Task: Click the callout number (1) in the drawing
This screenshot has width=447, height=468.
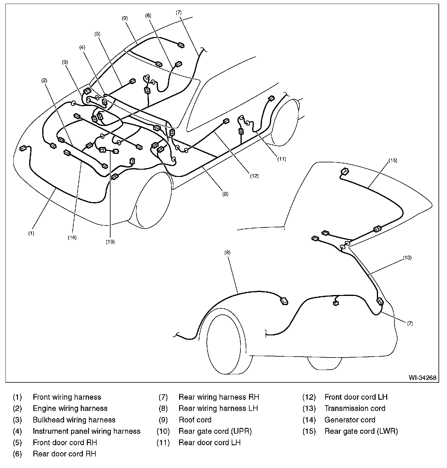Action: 31,233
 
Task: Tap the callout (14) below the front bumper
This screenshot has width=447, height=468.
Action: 72,238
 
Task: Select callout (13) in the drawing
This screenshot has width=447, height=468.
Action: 110,242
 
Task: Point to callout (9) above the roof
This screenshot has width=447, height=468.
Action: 125,18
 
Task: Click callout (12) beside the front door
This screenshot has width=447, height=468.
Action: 254,176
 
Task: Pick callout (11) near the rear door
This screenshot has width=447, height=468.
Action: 282,159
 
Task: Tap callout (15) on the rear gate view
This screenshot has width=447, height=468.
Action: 393,160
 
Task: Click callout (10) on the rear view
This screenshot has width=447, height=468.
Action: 407,258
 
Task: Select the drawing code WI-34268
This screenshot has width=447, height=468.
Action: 422,378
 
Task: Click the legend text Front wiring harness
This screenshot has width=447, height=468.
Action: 67,397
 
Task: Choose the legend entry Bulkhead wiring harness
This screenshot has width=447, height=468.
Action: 74,420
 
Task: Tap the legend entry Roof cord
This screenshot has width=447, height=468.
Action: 195,420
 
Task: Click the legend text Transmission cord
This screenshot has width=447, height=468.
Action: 355,409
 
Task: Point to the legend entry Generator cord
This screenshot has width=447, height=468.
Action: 350,420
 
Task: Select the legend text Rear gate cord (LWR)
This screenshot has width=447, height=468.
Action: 361,431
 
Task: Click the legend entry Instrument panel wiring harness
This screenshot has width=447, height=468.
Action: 87,431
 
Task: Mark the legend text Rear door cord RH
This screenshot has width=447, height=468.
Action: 64,454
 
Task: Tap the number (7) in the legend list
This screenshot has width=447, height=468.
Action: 163,397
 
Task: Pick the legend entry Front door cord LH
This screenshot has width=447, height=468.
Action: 356,397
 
